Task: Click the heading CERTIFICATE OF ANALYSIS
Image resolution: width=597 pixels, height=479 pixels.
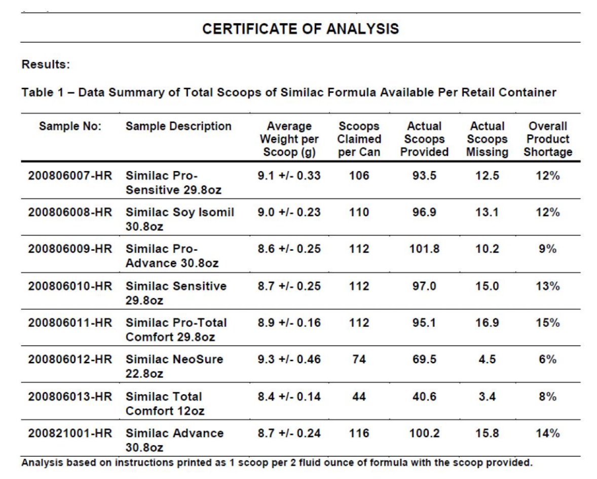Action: tap(301, 29)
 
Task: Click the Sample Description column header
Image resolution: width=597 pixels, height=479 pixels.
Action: tap(178, 126)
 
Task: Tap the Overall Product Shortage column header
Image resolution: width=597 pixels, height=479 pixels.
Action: tap(547, 139)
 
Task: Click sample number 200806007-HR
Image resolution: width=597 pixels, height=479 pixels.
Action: tap(70, 176)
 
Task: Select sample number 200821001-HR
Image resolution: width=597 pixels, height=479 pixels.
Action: tap(70, 433)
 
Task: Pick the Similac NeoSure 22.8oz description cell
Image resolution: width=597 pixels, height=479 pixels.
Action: tap(174, 366)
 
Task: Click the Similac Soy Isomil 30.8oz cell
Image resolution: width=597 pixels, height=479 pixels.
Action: tap(180, 219)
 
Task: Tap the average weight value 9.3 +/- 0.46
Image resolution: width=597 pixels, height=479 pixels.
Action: tap(288, 360)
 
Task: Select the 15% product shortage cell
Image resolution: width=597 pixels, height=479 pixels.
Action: tap(547, 323)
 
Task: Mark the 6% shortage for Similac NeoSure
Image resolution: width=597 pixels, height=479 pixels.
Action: tap(547, 360)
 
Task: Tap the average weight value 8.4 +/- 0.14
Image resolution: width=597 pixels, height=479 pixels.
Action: tap(288, 396)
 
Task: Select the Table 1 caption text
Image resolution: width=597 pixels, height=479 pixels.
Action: tap(288, 93)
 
